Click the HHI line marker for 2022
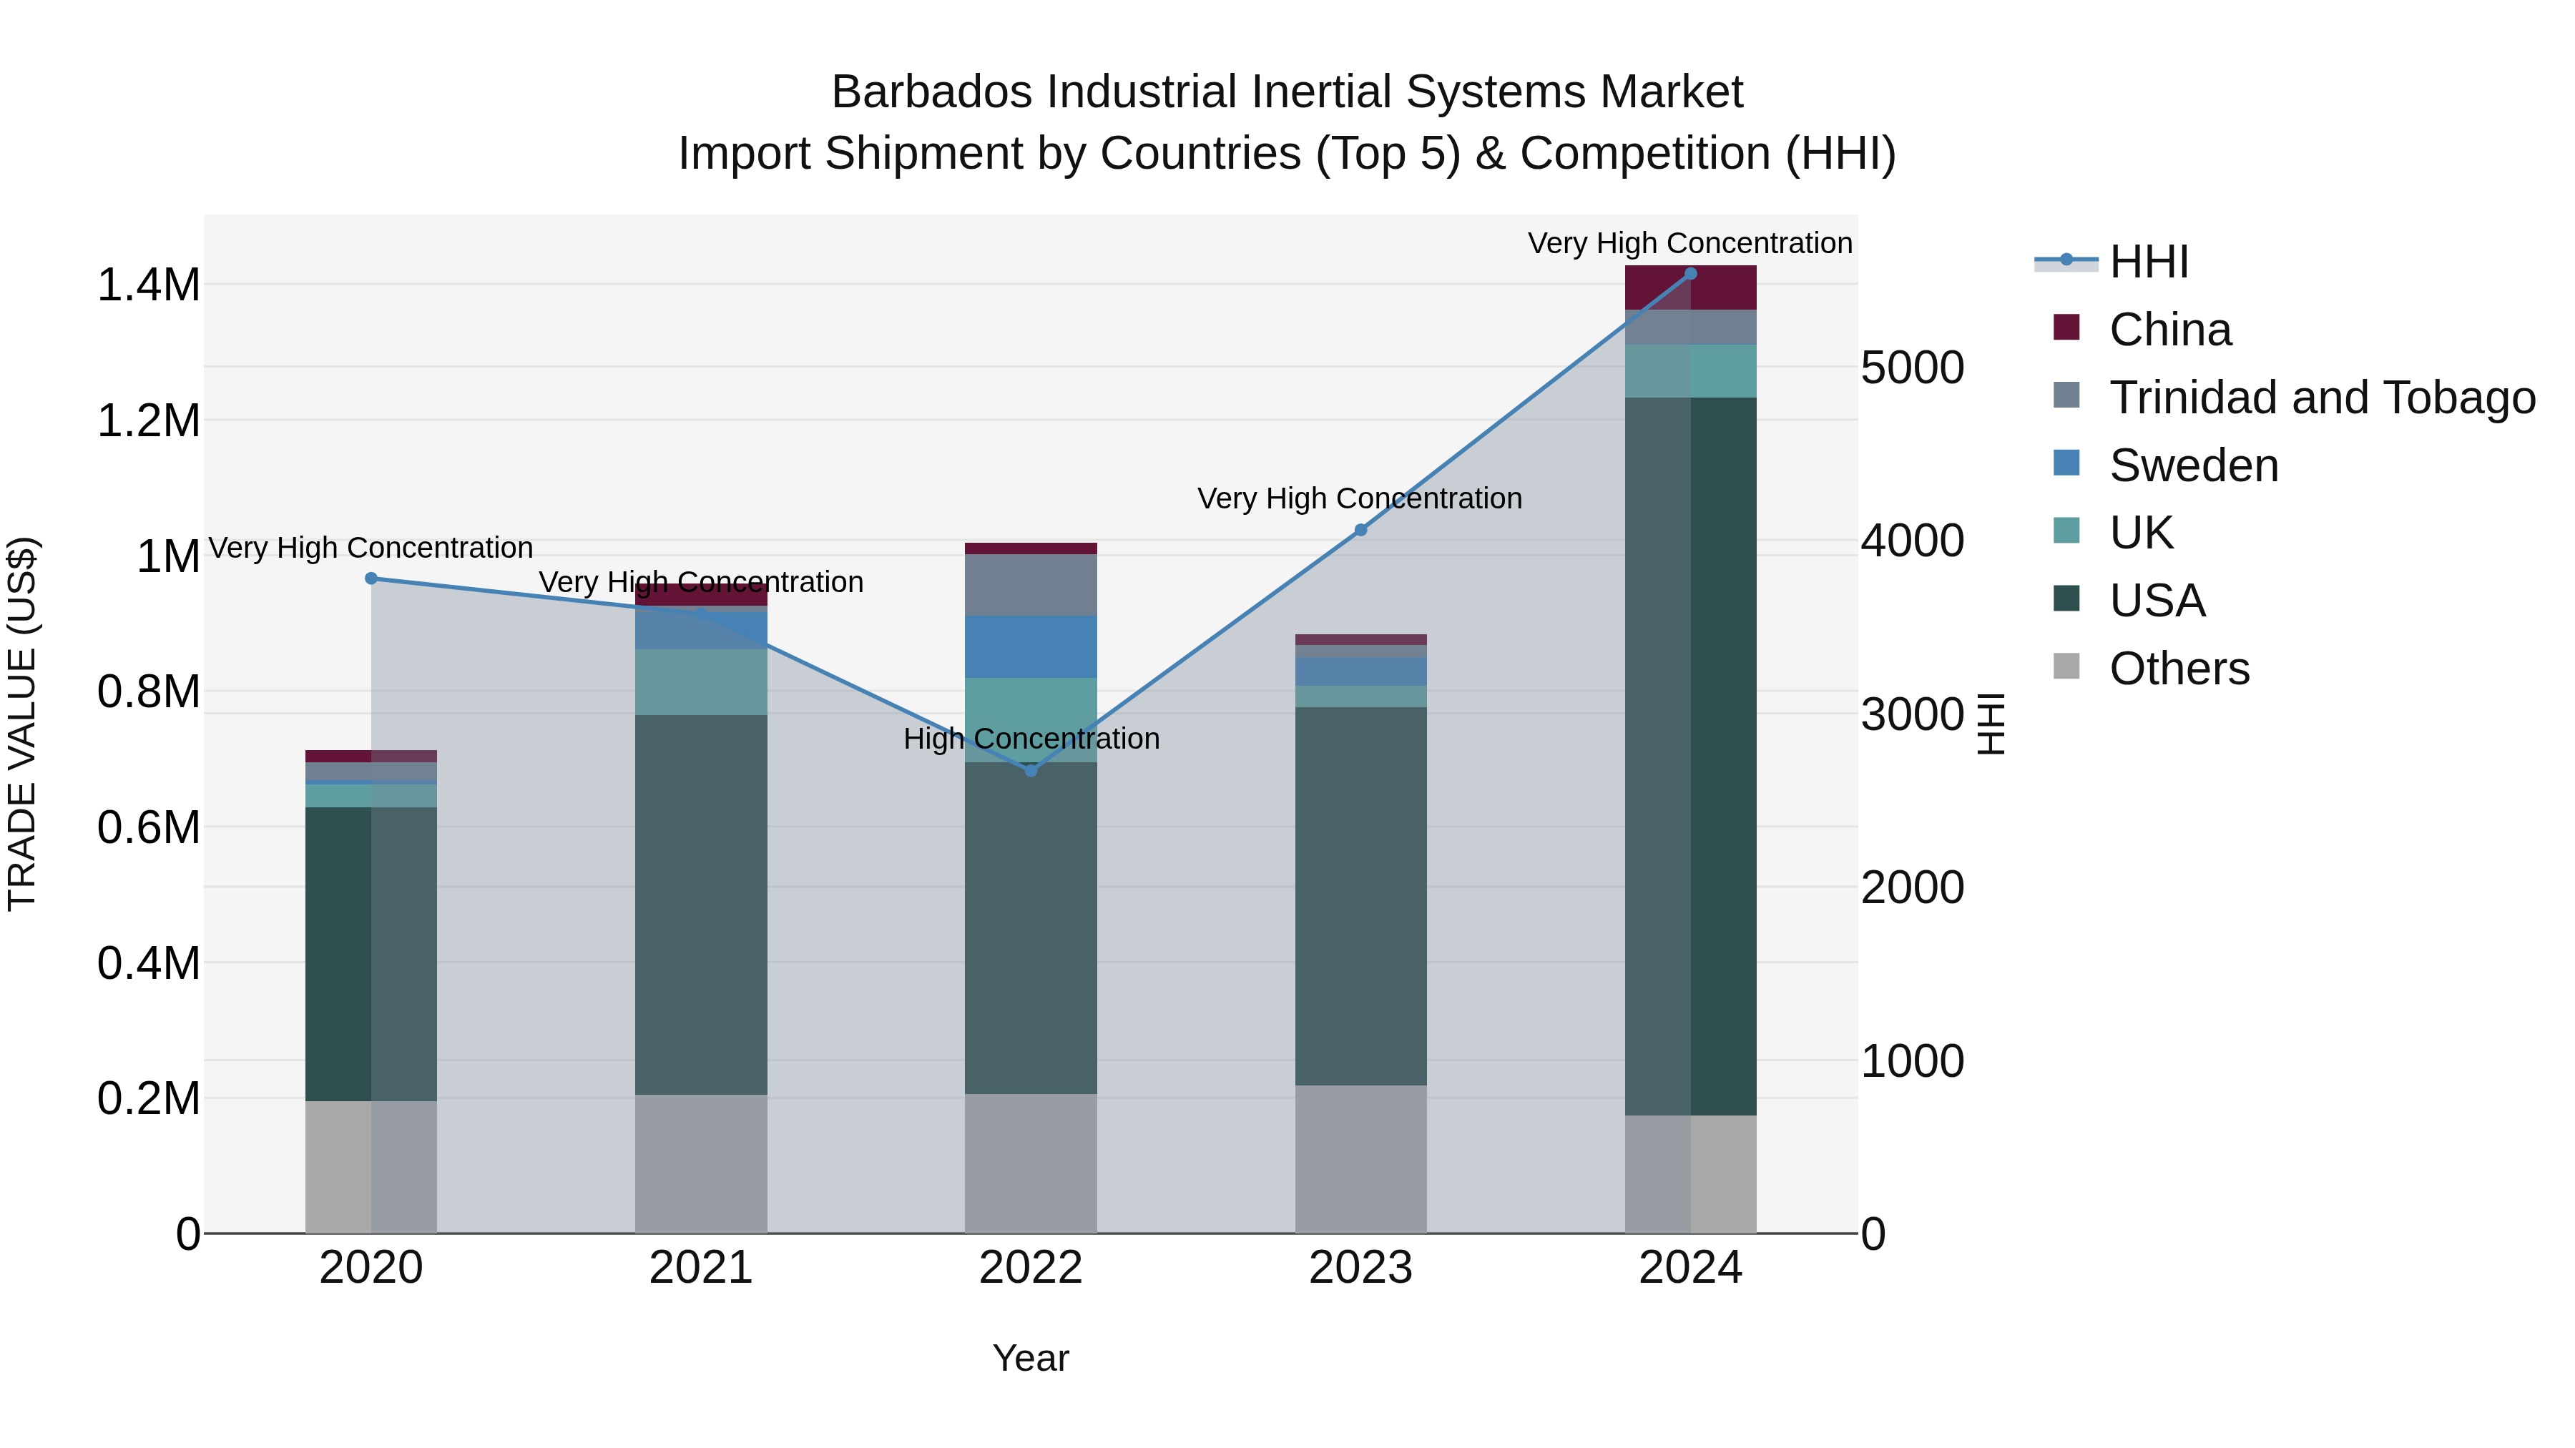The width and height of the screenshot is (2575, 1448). click(1031, 770)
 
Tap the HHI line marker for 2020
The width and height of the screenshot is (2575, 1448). click(371, 578)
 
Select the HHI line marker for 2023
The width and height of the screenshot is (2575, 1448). click(1360, 530)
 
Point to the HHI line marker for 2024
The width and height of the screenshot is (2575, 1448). click(1690, 274)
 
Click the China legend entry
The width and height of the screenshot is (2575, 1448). click(2169, 330)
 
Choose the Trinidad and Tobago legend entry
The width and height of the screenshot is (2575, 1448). click(2321, 398)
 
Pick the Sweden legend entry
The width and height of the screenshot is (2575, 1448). click(2193, 466)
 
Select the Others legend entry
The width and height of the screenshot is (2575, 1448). click(2179, 669)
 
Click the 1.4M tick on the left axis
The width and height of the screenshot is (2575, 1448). click(148, 285)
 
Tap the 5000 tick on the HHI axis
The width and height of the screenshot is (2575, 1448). click(1912, 368)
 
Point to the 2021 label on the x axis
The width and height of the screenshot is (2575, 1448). click(701, 1268)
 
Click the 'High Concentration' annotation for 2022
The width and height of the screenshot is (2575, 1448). click(1031, 739)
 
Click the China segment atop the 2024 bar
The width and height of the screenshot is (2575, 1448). click(1690, 287)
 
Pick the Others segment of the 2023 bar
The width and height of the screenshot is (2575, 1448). click(1360, 1159)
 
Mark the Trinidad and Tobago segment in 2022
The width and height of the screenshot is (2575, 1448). click(1031, 585)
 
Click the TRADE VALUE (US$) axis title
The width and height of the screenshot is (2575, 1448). click(22, 724)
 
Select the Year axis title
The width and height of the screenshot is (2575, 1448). click(1031, 1358)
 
